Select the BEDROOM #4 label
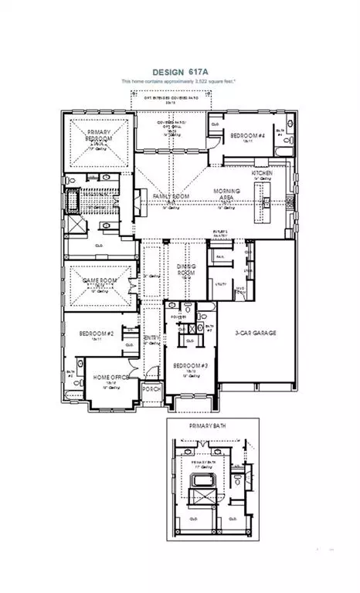click(x=249, y=136)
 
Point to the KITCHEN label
click(x=273, y=172)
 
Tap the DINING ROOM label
click(x=186, y=269)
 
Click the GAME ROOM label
click(x=97, y=283)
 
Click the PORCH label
click(x=152, y=389)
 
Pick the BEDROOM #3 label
click(x=191, y=365)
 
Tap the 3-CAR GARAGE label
click(x=256, y=334)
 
